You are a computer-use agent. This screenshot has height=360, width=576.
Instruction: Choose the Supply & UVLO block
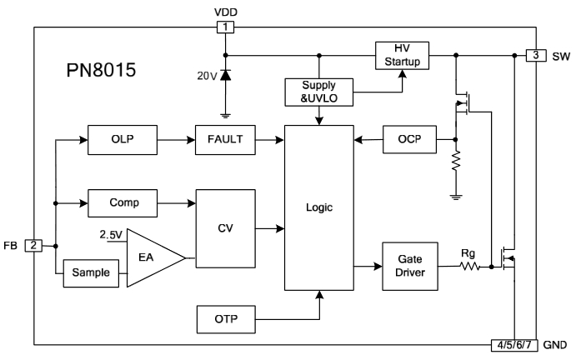pos(319,92)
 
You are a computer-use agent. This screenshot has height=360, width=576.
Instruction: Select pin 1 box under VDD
pos(226,27)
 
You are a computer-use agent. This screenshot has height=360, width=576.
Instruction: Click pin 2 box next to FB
pos(33,246)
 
